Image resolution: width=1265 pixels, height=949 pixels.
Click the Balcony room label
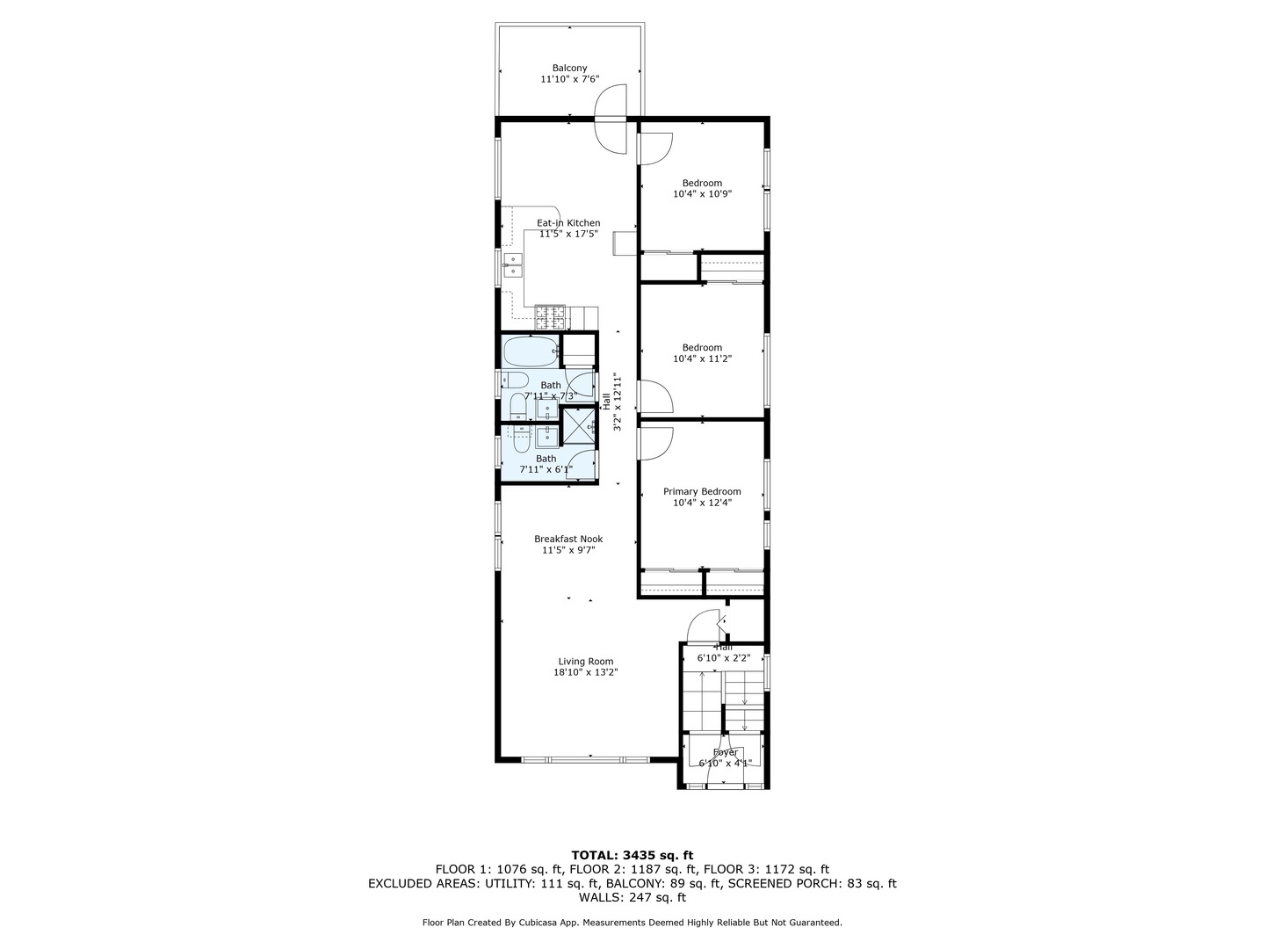click(x=569, y=68)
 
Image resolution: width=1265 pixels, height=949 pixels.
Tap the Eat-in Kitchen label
click(x=568, y=223)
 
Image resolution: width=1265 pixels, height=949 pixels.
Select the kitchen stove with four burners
click(x=551, y=316)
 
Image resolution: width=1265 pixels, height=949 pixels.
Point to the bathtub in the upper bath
click(x=530, y=351)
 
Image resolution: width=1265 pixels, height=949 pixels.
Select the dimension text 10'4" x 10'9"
click(x=702, y=194)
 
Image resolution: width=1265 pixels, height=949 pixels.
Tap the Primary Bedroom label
click(x=702, y=491)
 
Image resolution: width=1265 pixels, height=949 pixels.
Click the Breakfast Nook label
click(x=568, y=539)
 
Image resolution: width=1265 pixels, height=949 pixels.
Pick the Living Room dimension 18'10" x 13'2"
click(x=586, y=673)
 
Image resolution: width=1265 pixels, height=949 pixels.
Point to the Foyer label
click(x=725, y=753)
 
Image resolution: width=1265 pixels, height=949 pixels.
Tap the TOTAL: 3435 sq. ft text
click(x=632, y=854)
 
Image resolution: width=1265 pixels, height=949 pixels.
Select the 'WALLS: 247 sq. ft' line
click(x=632, y=898)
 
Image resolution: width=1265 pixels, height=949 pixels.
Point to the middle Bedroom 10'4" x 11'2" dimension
click(x=702, y=359)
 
